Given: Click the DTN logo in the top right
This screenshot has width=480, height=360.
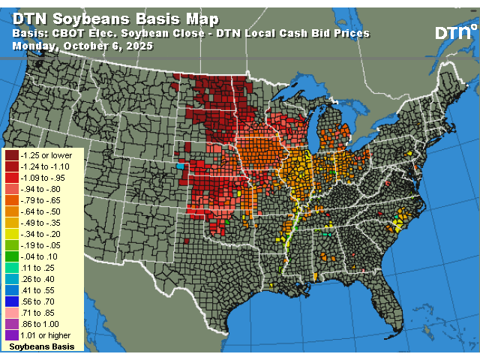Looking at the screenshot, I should click(454, 32).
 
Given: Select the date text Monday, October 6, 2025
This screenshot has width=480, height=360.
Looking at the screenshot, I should click(82, 46).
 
